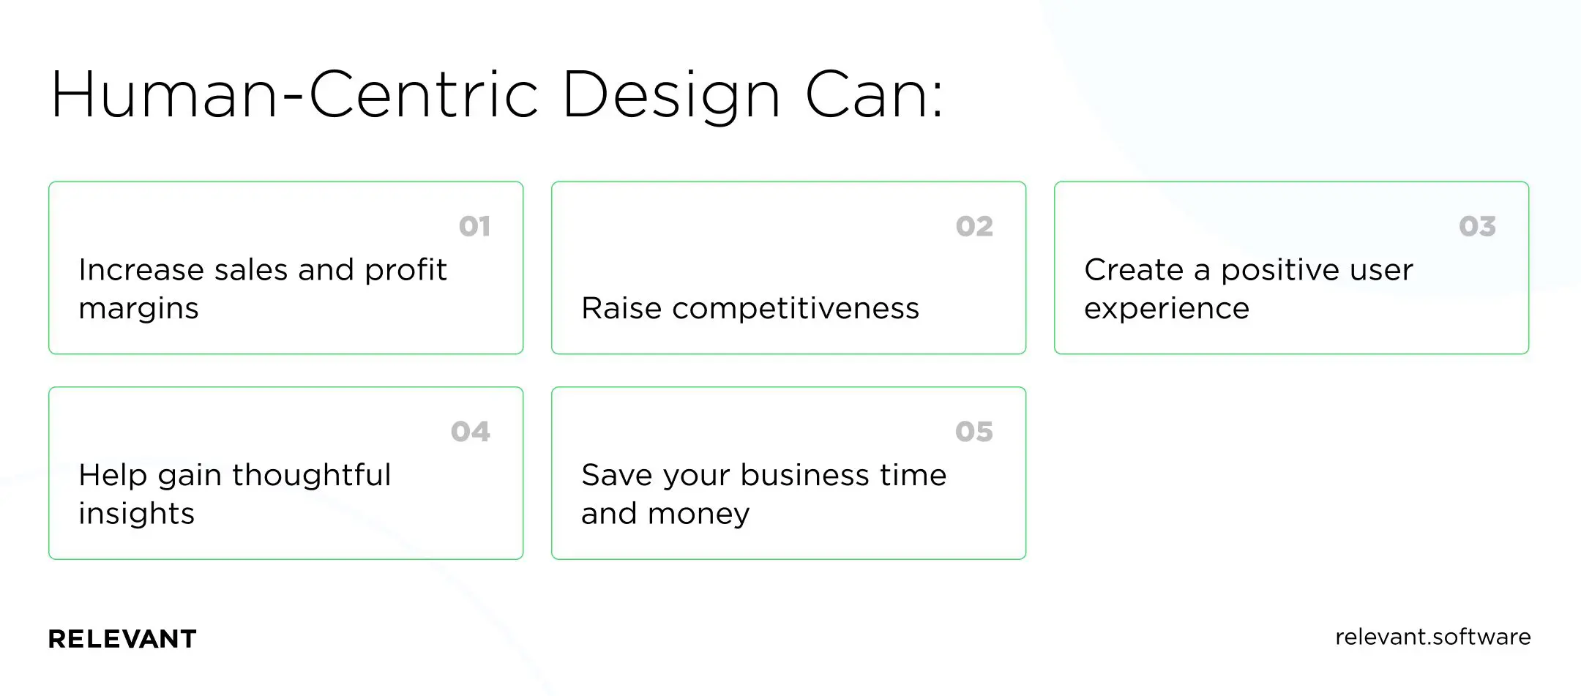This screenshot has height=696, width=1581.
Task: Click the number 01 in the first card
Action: point(474,227)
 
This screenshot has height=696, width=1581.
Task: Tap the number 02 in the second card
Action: point(974,227)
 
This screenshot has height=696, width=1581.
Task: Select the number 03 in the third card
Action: point(1477,227)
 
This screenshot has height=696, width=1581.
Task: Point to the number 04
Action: point(470,432)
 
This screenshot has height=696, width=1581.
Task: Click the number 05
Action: point(974,432)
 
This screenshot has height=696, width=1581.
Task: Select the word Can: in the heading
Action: point(875,95)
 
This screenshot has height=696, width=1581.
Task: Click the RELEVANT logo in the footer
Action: point(122,639)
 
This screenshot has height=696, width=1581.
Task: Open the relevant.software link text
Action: point(1432,637)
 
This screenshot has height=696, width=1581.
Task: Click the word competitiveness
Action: point(796,309)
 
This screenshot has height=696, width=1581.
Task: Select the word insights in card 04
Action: point(137,514)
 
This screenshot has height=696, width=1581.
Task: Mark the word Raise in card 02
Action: point(621,308)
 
